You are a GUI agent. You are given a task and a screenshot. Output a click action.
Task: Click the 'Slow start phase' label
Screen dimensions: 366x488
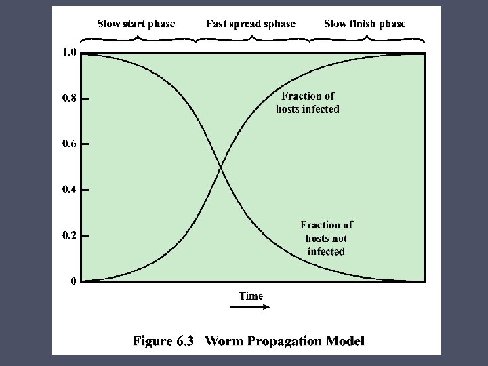136,24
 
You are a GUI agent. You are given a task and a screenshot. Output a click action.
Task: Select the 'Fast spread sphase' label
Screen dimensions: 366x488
251,24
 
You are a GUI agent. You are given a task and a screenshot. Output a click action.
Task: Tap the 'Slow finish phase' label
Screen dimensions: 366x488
365,24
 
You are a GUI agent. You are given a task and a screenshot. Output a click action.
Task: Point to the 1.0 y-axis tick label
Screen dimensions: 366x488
69,53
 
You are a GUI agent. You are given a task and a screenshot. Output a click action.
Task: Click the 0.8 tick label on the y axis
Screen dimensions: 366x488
69,98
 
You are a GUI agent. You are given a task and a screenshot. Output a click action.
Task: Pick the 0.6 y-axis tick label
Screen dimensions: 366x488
69,144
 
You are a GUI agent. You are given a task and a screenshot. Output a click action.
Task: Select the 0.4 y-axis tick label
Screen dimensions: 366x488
69,190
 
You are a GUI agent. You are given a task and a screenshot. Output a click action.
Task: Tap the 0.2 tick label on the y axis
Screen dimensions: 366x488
69,235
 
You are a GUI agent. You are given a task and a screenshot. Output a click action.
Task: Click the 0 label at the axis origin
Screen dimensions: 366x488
73,281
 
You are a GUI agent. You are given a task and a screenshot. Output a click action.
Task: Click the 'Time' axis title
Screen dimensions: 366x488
251,296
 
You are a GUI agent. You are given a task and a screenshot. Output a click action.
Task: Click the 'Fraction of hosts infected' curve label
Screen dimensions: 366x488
308,102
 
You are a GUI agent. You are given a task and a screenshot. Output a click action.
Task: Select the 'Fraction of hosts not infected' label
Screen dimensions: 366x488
326,238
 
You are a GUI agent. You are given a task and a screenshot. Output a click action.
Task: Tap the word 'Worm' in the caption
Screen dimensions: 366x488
222,341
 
